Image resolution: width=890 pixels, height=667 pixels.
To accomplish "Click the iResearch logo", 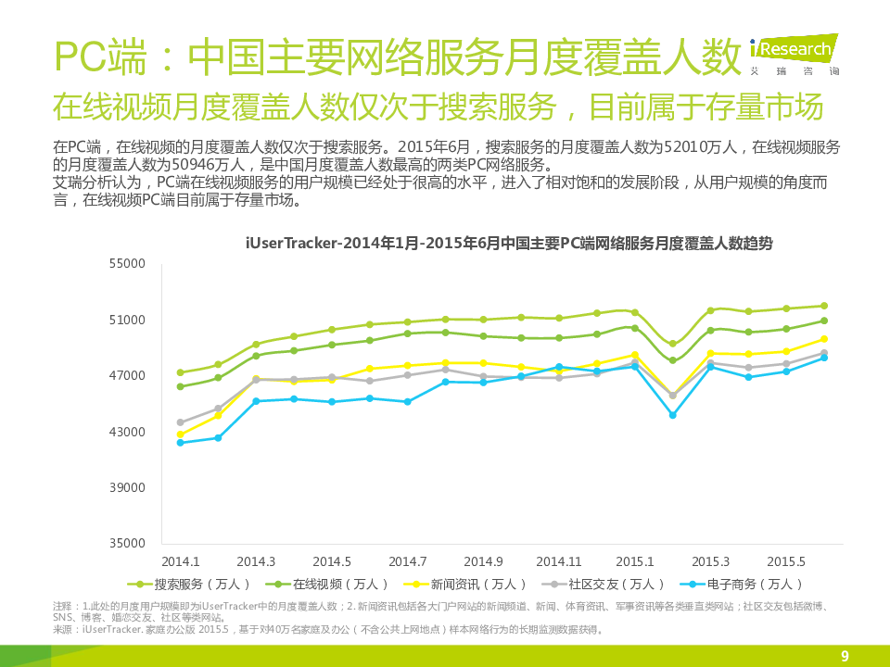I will click(794, 51).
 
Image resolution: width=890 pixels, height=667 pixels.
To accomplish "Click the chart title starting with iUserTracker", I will click(509, 244).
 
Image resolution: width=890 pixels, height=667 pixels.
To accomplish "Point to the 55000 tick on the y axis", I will click(128, 264).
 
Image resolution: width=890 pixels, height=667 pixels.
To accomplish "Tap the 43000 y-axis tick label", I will click(128, 432).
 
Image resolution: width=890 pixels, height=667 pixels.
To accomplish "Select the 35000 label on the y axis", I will click(128, 544).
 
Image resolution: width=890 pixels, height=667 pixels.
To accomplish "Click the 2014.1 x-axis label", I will click(180, 561).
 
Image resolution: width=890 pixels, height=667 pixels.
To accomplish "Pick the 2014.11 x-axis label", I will click(558, 561).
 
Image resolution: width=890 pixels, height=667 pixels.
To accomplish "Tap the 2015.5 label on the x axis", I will click(785, 561).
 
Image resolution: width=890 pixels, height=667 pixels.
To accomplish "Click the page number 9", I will click(845, 657).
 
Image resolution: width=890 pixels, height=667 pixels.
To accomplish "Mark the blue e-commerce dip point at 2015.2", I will click(673, 415).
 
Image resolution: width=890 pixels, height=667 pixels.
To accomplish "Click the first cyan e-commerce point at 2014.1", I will click(180, 443).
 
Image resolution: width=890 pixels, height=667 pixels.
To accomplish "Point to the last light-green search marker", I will click(824, 306).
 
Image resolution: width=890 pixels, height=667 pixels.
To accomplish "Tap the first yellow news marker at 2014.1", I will click(180, 434).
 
